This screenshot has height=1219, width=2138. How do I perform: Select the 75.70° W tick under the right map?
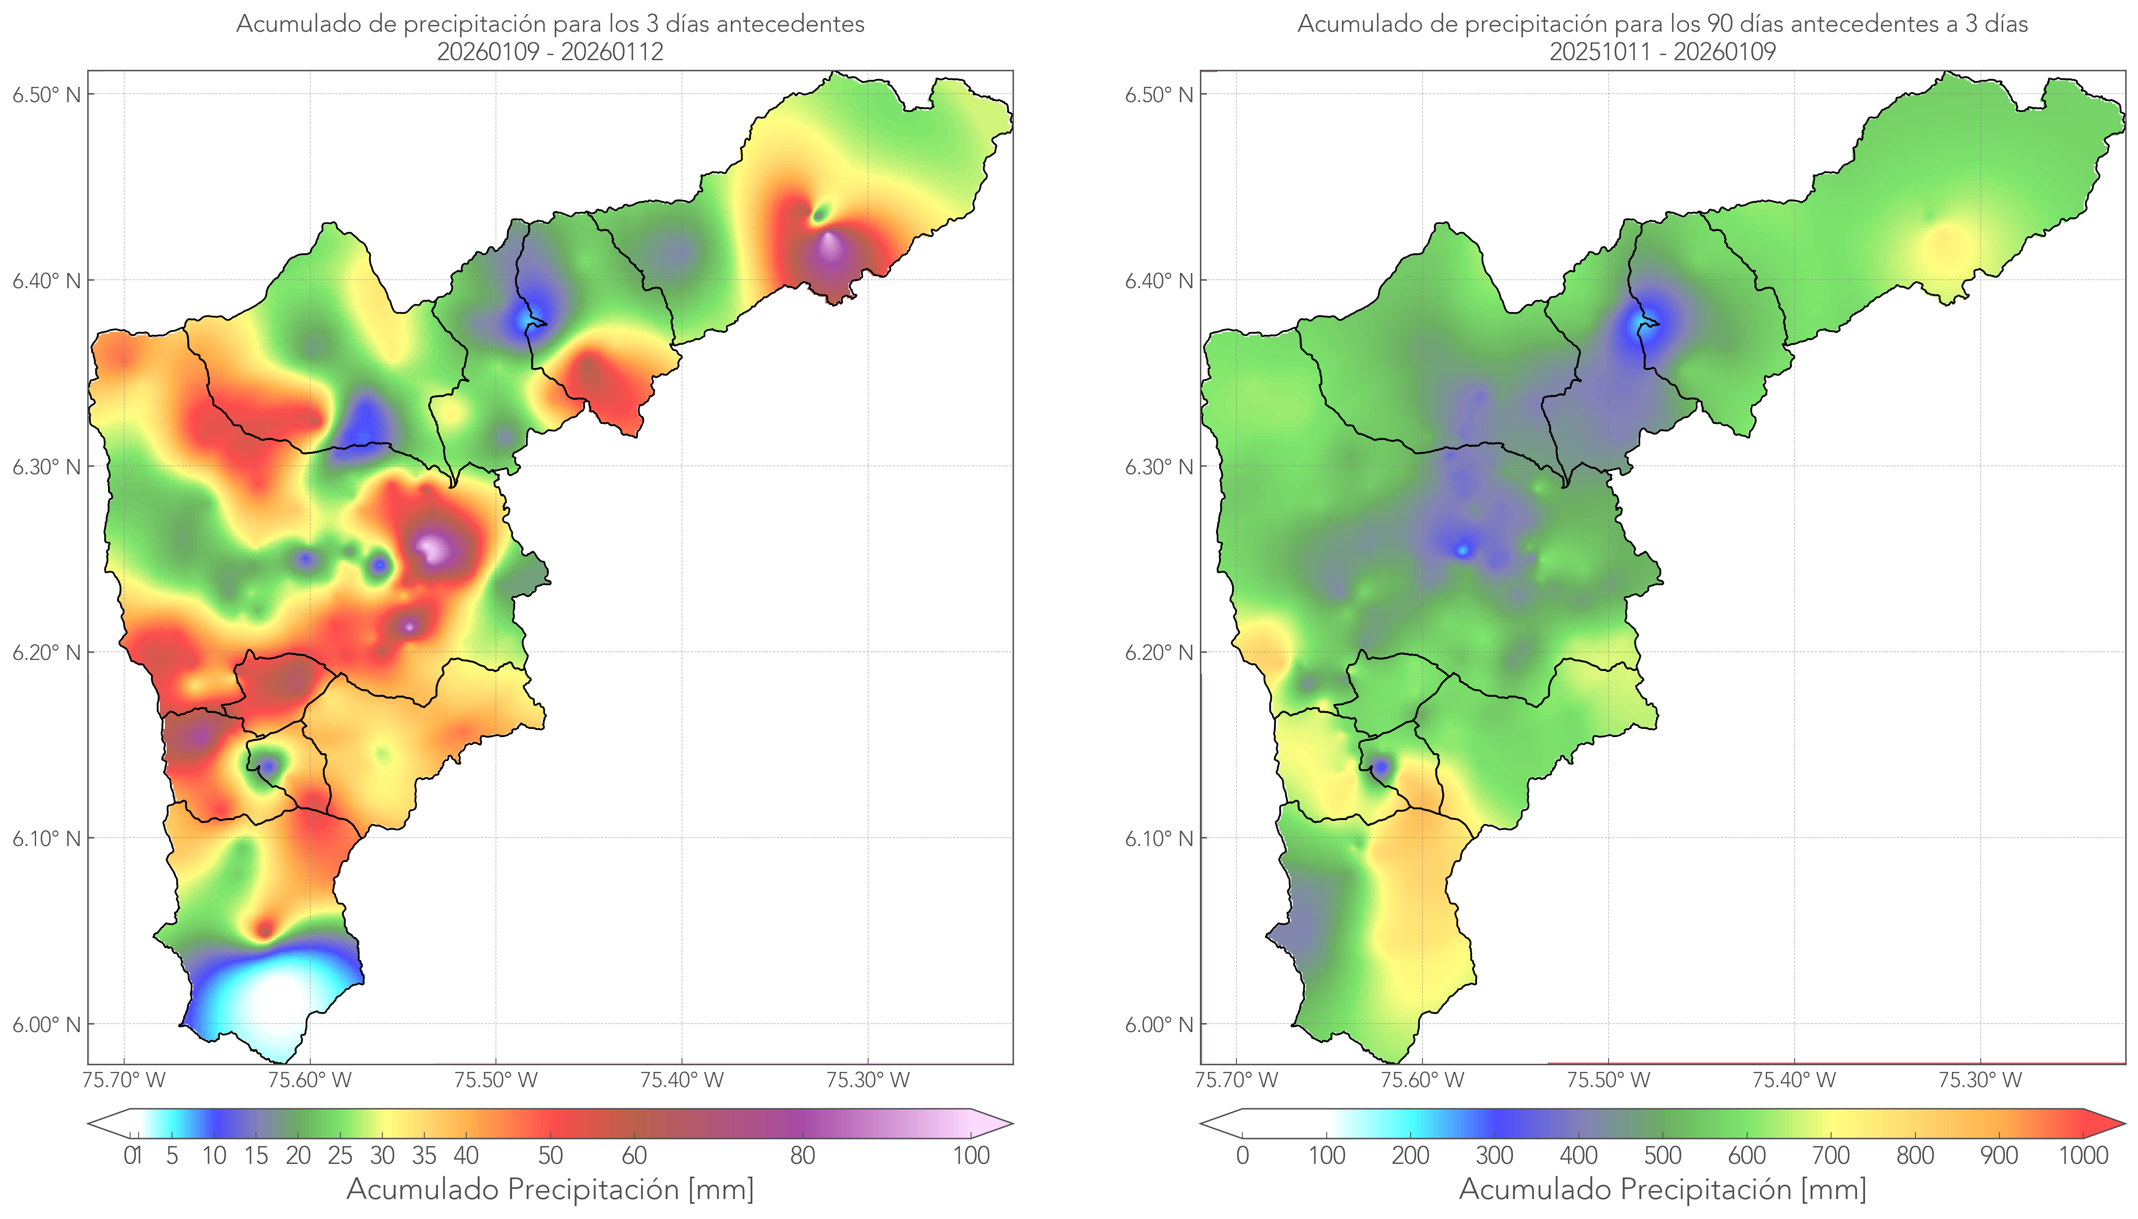(x=1236, y=1080)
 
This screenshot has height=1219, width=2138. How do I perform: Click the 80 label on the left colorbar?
(x=802, y=1155)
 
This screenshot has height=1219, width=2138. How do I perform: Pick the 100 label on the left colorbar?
(x=971, y=1155)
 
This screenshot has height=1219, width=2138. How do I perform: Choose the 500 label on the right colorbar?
(x=1662, y=1155)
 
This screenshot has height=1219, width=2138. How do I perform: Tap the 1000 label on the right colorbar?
(x=2083, y=1155)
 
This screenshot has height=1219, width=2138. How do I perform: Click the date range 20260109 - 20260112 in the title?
(x=550, y=52)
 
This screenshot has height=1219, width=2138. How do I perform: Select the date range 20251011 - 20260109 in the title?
(x=1662, y=52)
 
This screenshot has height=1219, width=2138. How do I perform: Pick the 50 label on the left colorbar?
(x=550, y=1155)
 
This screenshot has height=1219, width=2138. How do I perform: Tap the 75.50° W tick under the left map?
(x=496, y=1080)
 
